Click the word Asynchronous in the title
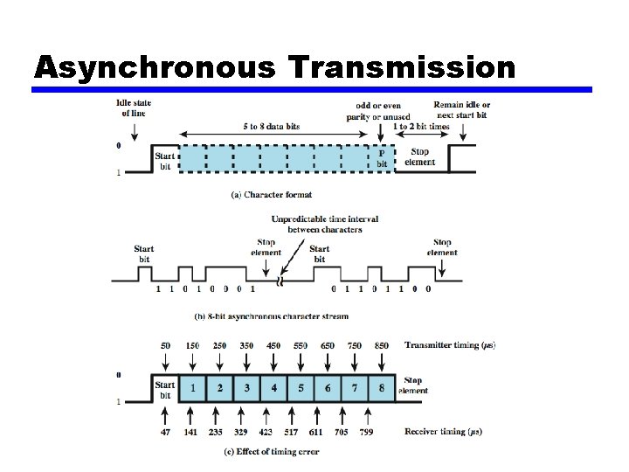(x=121, y=67)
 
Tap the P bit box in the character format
(x=382, y=157)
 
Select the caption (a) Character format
(x=271, y=194)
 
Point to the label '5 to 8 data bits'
(x=272, y=126)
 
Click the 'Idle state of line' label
(x=134, y=108)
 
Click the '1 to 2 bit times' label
(x=421, y=126)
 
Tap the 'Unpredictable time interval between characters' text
(x=325, y=224)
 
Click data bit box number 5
(x=301, y=387)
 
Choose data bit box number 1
(x=193, y=387)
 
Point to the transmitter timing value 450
(x=273, y=345)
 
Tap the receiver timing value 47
(x=166, y=431)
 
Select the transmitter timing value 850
(x=382, y=345)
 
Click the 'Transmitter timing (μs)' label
(x=450, y=345)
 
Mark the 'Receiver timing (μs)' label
(x=443, y=431)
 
